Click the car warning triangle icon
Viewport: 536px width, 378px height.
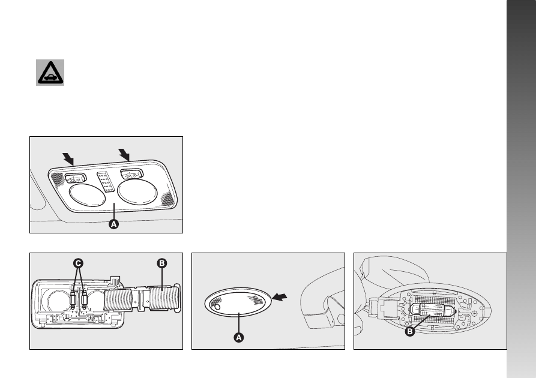50,73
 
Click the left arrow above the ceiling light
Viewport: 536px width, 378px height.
68,159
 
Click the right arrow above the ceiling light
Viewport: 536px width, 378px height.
124,154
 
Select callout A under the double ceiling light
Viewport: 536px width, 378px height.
113,224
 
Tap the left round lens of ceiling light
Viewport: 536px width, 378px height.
87,195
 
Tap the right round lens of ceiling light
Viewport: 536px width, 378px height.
137,191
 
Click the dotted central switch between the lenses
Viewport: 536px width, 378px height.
106,182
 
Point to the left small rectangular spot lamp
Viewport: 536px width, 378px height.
75,178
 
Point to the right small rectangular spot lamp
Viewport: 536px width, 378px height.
131,174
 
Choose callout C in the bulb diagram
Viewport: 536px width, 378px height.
78,263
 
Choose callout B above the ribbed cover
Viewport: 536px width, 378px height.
161,263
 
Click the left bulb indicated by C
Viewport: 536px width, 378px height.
73,300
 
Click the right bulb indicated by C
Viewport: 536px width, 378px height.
85,300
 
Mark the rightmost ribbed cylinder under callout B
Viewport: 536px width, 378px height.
163,298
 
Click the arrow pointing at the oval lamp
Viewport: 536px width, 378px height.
280,297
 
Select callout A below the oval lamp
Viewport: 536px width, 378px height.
239,338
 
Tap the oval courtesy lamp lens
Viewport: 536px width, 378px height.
238,302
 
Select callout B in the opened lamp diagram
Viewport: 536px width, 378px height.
409,332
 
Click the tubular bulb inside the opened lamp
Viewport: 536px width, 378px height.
432,311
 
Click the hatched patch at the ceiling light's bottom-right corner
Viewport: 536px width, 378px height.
167,199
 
